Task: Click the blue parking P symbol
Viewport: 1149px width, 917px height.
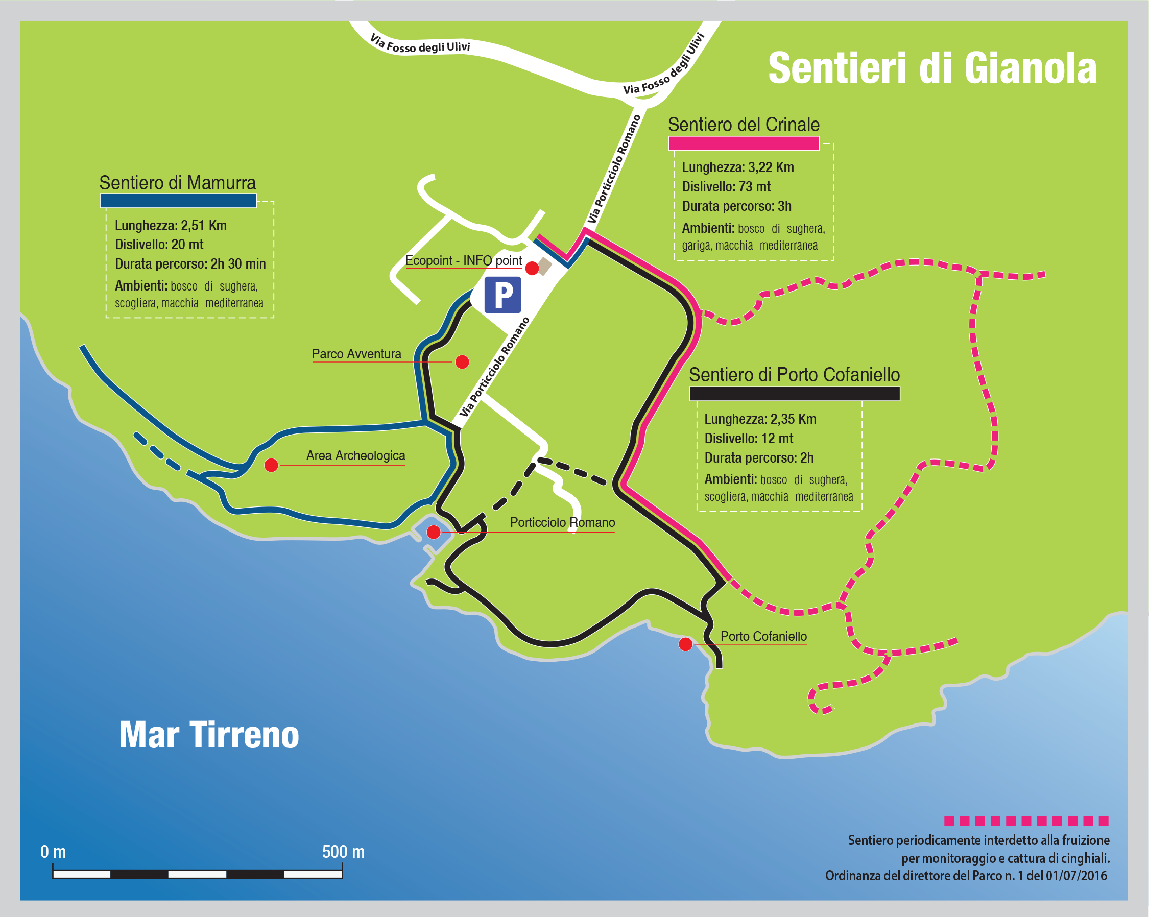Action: pyautogui.click(x=502, y=295)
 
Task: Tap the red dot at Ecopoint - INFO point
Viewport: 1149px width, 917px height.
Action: pyautogui.click(x=532, y=268)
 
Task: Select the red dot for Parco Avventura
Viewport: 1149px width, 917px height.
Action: pyautogui.click(x=462, y=363)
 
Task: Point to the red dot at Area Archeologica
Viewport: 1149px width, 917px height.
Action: pyautogui.click(x=271, y=465)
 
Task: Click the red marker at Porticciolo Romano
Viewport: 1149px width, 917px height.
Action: pyautogui.click(x=434, y=532)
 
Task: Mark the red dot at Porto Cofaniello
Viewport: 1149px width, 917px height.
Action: pyautogui.click(x=685, y=645)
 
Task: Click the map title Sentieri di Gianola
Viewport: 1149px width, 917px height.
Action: pyautogui.click(x=932, y=68)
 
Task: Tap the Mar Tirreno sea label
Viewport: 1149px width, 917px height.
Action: pyautogui.click(x=209, y=735)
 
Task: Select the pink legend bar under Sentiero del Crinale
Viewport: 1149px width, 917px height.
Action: pyautogui.click(x=744, y=143)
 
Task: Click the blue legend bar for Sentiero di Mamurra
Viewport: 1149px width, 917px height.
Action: pyautogui.click(x=178, y=200)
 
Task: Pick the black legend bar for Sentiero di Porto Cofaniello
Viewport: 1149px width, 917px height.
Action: pyautogui.click(x=795, y=393)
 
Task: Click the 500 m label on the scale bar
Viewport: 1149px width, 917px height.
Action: pyautogui.click(x=343, y=852)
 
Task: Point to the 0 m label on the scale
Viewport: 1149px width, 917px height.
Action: pyautogui.click(x=53, y=852)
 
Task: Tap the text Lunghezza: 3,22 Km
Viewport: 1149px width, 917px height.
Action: pyautogui.click(x=738, y=167)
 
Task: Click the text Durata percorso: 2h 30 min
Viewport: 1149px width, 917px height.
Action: pyautogui.click(x=190, y=264)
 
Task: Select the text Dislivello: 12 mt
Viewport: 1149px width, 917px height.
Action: pyautogui.click(x=749, y=439)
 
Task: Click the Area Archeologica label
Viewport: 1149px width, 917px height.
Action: pyautogui.click(x=355, y=455)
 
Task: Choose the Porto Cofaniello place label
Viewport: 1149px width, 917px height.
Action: pyautogui.click(x=763, y=636)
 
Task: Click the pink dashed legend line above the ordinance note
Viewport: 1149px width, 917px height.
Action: pyautogui.click(x=1026, y=821)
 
